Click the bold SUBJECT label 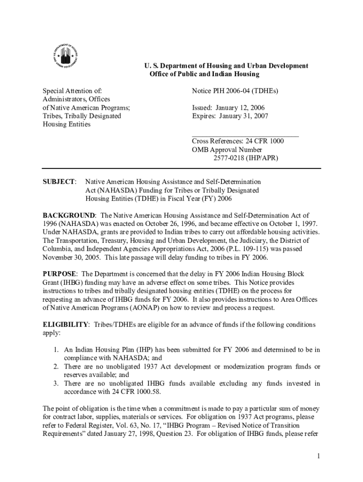[59, 182]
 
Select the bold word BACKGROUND [69, 215]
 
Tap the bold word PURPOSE [60, 274]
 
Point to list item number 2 [55, 367]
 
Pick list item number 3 [55, 384]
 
